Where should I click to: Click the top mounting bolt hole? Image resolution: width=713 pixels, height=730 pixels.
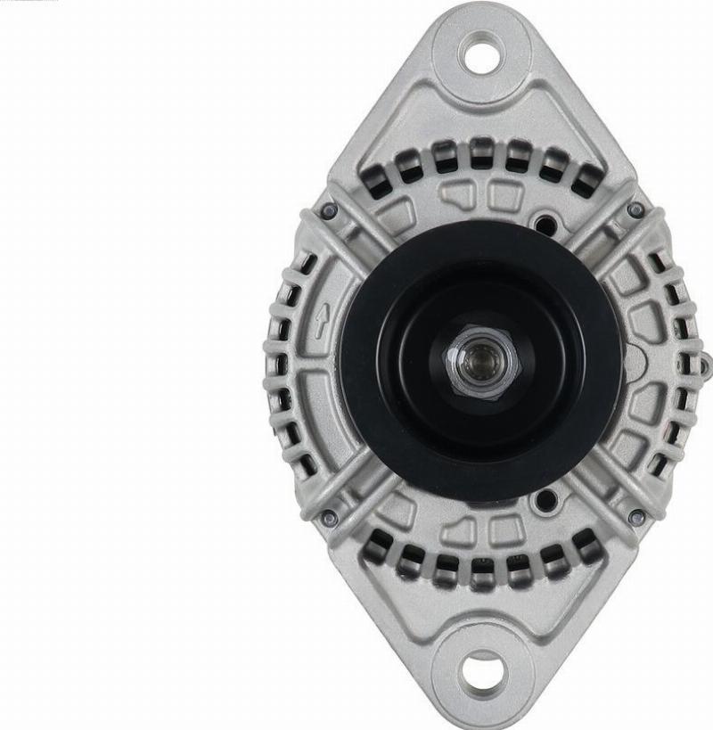click(482, 56)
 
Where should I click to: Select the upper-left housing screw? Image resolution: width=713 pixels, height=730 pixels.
click(329, 210)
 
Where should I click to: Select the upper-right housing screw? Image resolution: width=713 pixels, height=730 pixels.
click(635, 210)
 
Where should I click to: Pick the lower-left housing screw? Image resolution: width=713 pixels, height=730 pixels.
click(329, 517)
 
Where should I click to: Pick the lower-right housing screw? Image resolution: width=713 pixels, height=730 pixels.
click(635, 516)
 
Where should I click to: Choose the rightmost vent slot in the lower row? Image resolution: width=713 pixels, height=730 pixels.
click(586, 542)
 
